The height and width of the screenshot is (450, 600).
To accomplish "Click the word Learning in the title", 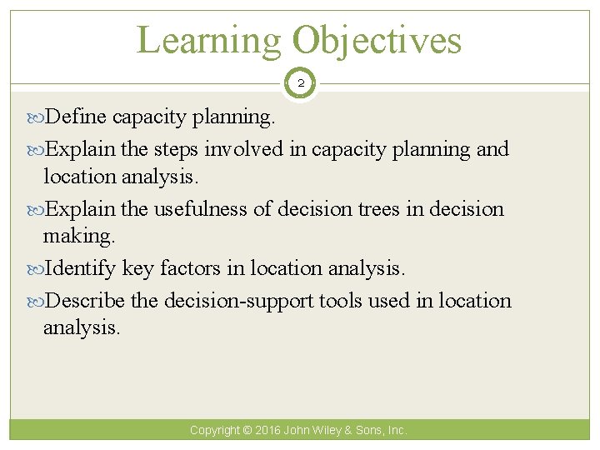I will [x=209, y=40].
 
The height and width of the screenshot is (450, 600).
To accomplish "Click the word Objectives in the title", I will [x=377, y=40].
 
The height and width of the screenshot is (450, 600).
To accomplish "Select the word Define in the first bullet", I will [x=77, y=117].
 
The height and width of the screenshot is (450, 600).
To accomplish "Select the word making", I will [x=79, y=237].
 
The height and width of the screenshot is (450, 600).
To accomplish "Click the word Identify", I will [x=80, y=268].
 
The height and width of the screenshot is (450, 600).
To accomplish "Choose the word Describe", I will [x=85, y=301].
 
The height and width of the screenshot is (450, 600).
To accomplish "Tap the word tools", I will [x=333, y=301].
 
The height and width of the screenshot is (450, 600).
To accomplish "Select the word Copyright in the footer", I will [x=215, y=430].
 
